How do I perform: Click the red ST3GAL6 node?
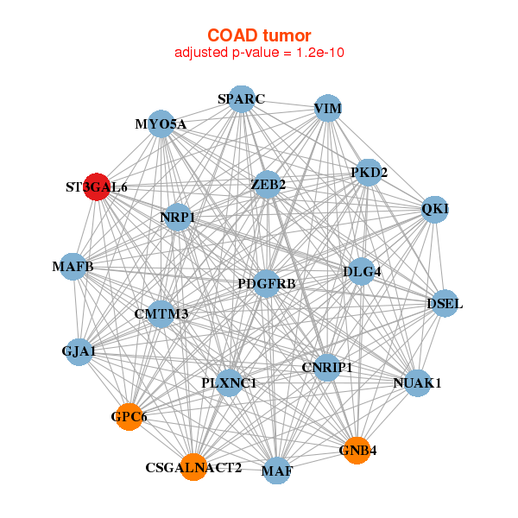pyautogui.click(x=97, y=186)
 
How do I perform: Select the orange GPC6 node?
pyautogui.click(x=129, y=417)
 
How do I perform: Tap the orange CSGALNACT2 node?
pyautogui.click(x=193, y=467)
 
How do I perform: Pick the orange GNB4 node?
pyautogui.click(x=357, y=451)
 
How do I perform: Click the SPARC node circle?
pyautogui.click(x=242, y=99)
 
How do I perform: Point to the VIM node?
pyautogui.click(x=327, y=108)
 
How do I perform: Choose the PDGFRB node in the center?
pyautogui.click(x=267, y=283)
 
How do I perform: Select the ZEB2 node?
pyautogui.click(x=268, y=185)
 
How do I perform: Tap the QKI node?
pyautogui.click(x=435, y=209)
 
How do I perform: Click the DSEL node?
pyautogui.click(x=445, y=303)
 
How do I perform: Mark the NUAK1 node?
pyautogui.click(x=418, y=382)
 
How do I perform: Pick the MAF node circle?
pyautogui.click(x=277, y=471)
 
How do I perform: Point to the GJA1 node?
pyautogui.click(x=79, y=352)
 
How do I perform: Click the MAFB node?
pyautogui.click(x=73, y=266)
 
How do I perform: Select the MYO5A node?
pyautogui.click(x=161, y=123)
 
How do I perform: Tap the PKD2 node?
pyautogui.click(x=369, y=172)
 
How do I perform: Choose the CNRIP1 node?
pyautogui.click(x=327, y=368)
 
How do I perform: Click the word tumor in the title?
pyautogui.click(x=287, y=35)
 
